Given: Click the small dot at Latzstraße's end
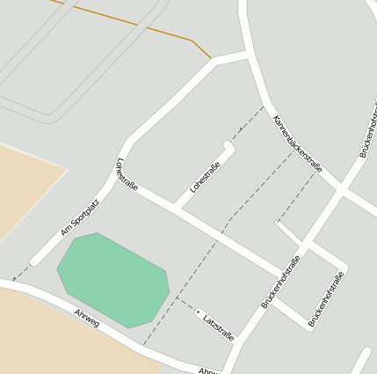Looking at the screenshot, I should point(199,312).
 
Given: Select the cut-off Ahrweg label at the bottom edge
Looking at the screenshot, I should point(207,370).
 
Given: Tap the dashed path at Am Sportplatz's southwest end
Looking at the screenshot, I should point(22,270).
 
